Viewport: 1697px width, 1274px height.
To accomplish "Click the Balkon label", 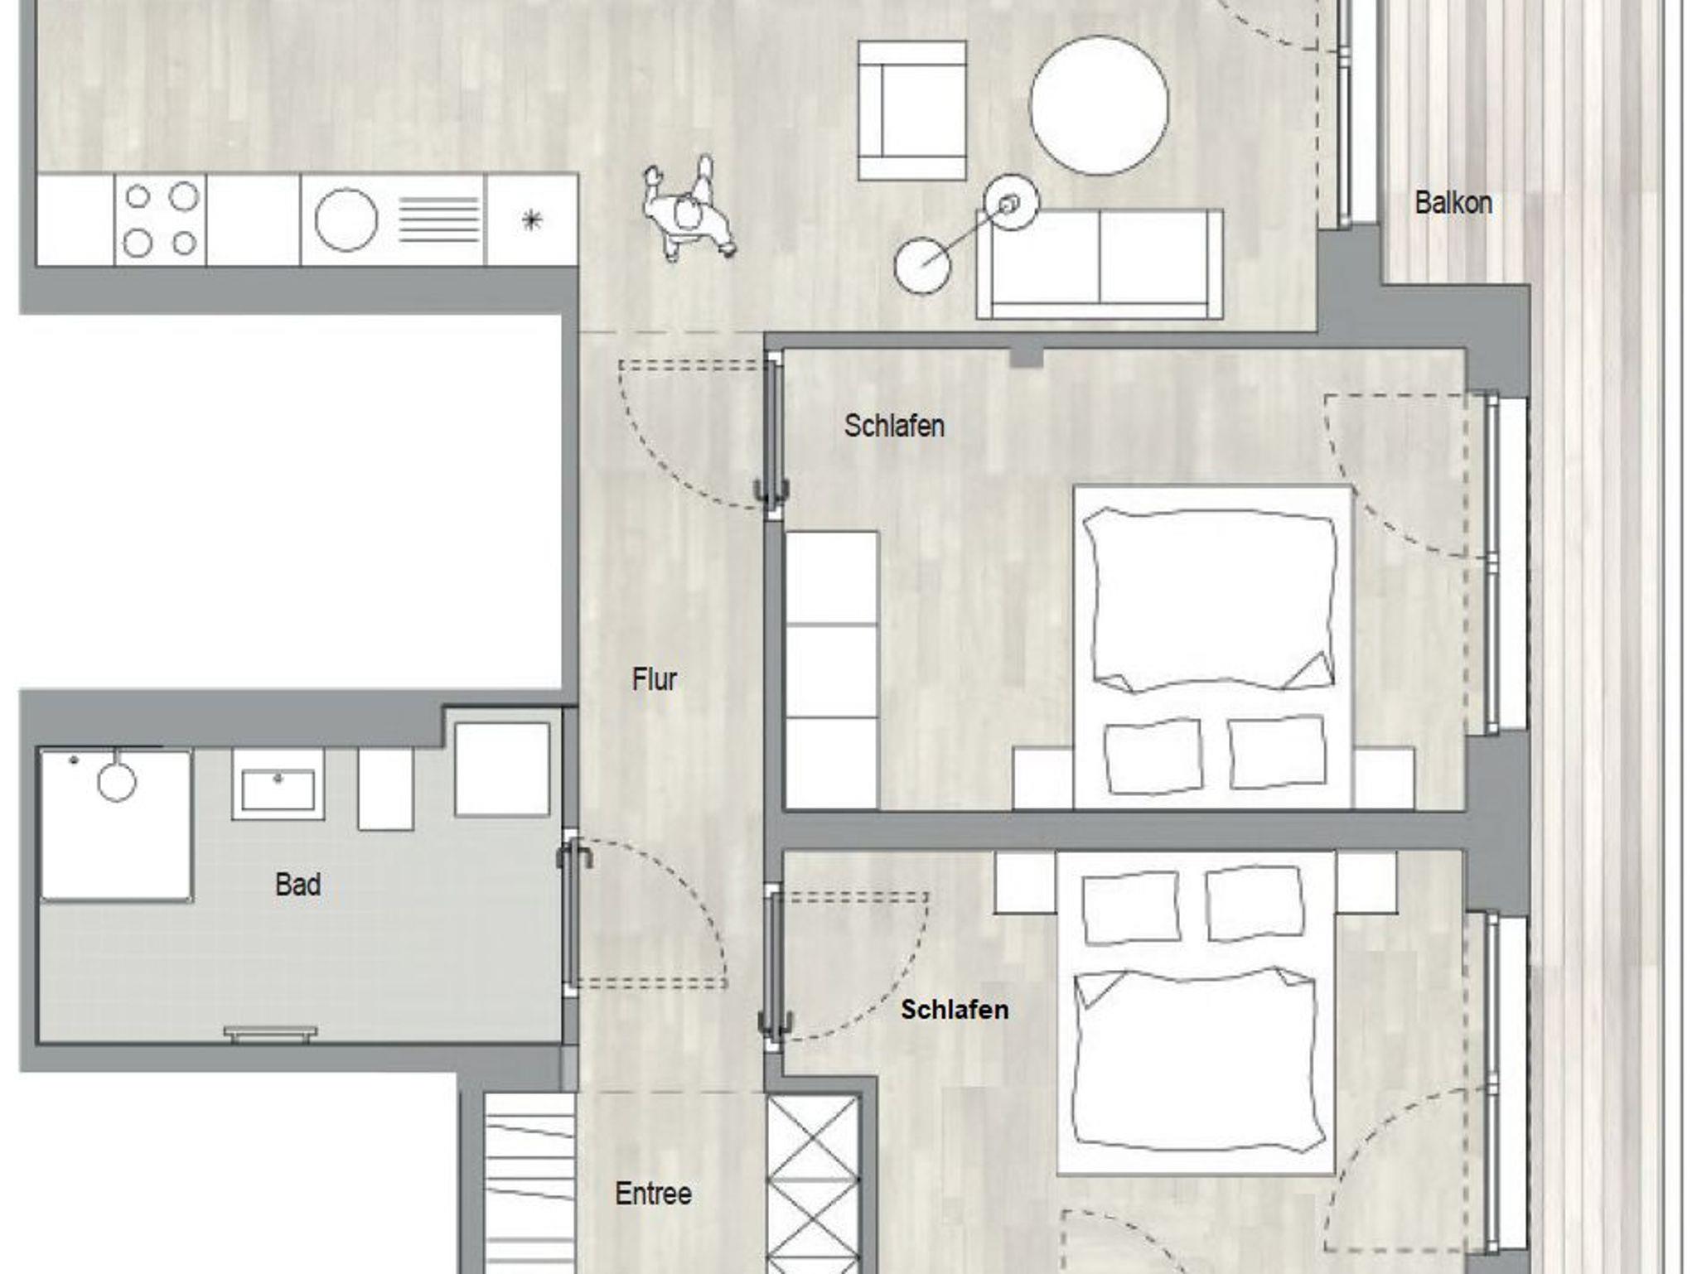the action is (x=1453, y=203).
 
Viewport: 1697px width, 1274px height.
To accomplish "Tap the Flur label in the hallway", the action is (x=654, y=680).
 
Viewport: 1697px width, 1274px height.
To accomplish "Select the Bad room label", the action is (x=297, y=885).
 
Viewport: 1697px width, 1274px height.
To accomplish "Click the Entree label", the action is (x=653, y=1194).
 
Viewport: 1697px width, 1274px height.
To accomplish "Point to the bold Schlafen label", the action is (x=955, y=1010).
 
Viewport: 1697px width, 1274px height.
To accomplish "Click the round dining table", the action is (x=1100, y=105).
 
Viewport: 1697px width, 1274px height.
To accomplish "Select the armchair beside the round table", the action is (x=911, y=111).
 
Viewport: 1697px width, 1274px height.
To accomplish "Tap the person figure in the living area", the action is (x=688, y=209).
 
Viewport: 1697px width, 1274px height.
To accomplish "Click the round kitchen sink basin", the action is (x=346, y=220).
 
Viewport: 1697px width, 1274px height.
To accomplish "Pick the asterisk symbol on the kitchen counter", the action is (x=531, y=220).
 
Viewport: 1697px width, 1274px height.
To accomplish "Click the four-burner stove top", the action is (x=160, y=220).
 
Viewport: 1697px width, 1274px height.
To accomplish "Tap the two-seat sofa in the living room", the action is (x=1100, y=263).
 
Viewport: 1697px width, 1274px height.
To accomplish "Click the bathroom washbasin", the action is (x=278, y=784).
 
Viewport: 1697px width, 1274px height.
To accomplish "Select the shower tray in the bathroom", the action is (x=116, y=825).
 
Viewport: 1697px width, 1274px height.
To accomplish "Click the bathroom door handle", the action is (x=574, y=853).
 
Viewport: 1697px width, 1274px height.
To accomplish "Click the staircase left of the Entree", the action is (x=529, y=1184).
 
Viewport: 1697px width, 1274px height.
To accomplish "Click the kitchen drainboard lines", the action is (x=439, y=220).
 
